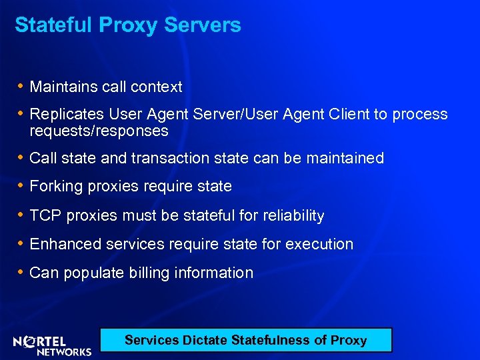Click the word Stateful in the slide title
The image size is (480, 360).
point(54,25)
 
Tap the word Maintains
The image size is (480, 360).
point(61,87)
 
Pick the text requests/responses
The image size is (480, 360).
point(99,131)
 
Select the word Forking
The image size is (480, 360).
point(54,187)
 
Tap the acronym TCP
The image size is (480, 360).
point(44,215)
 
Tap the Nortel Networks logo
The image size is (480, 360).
point(52,345)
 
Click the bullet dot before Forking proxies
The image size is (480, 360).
point(21,186)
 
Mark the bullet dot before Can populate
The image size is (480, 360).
point(21,272)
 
